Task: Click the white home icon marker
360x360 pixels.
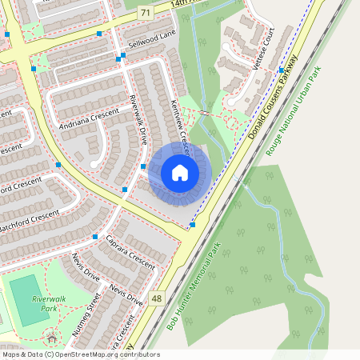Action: [x=179, y=172]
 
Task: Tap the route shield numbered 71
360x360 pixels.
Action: [x=144, y=13]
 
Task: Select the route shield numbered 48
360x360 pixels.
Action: [x=156, y=298]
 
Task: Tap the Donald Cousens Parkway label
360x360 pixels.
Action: [x=273, y=97]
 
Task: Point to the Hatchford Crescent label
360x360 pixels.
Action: [x=30, y=216]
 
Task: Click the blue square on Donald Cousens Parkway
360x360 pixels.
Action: [x=193, y=225]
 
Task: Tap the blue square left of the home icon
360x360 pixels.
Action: [x=143, y=166]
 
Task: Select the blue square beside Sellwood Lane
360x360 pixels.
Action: [x=118, y=59]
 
